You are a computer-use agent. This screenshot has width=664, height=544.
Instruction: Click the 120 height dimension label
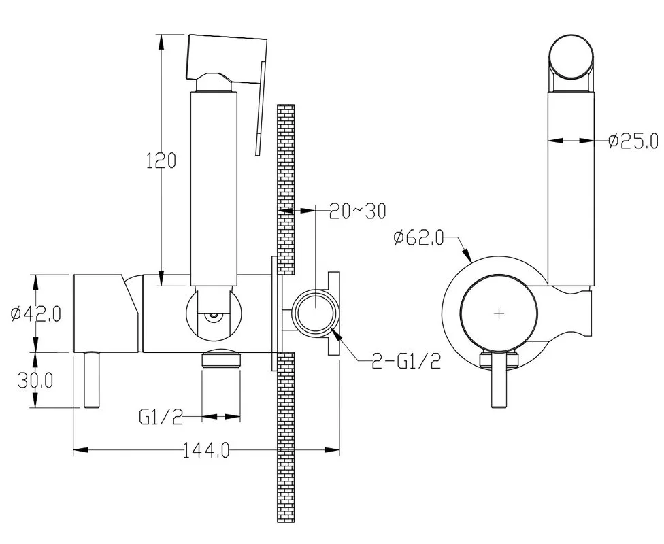tap(161, 160)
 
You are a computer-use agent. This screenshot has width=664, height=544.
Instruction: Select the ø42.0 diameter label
tap(36, 313)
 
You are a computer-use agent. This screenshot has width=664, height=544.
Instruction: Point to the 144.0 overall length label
tap(206, 450)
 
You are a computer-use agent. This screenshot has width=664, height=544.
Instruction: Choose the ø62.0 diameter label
tap(418, 237)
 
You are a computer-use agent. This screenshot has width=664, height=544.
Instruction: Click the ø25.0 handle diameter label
tap(633, 141)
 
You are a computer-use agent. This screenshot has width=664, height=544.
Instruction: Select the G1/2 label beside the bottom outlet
tap(161, 417)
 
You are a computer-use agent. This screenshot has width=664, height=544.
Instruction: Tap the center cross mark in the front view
tap(499, 313)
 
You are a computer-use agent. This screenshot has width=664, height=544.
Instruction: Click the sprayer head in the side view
tap(227, 58)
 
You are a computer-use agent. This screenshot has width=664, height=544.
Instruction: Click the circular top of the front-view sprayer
tap(571, 57)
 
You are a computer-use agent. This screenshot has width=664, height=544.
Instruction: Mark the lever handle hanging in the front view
tap(499, 379)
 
